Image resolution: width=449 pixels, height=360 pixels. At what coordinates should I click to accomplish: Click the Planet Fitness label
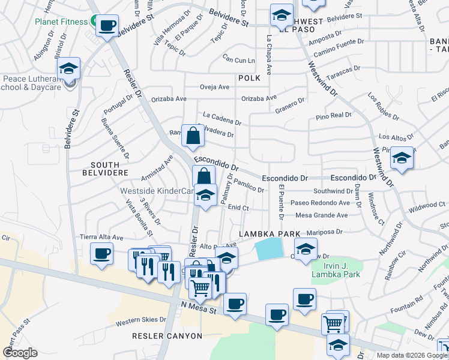(61, 22)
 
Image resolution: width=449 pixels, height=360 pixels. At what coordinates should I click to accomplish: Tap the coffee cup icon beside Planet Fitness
(107, 26)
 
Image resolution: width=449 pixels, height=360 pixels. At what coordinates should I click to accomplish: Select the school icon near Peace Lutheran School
(69, 69)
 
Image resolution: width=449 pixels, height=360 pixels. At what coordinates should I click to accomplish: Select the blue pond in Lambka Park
(268, 248)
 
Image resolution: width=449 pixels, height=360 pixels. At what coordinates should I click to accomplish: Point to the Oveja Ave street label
(214, 87)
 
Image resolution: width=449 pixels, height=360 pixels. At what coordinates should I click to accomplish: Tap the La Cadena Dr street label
(221, 118)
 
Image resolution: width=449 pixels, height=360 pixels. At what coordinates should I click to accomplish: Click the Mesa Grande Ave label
(322, 215)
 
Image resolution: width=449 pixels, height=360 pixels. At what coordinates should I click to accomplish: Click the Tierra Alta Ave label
(101, 237)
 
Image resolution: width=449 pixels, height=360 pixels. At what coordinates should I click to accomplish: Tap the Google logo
(20, 353)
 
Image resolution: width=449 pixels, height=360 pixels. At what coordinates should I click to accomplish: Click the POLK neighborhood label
(249, 78)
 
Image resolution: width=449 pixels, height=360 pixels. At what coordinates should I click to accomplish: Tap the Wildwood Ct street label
(427, 205)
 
